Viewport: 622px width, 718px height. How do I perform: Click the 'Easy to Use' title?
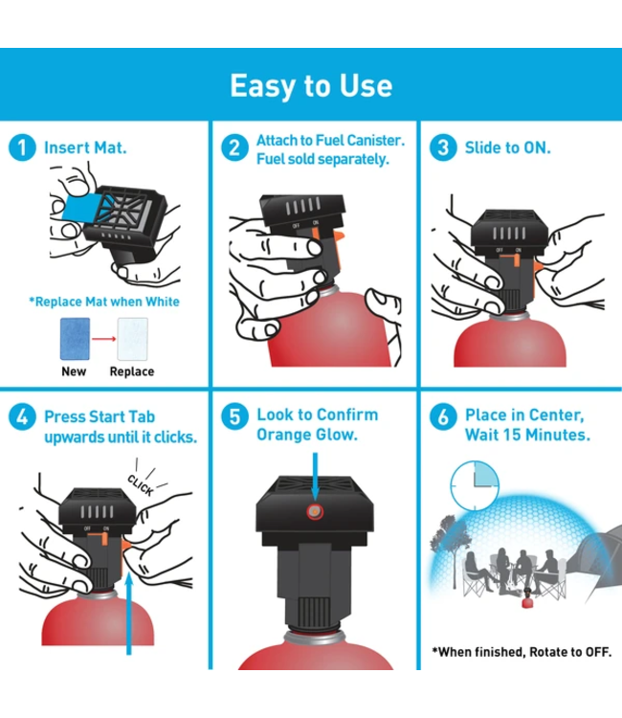(x=311, y=85)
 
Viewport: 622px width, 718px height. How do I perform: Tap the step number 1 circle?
(x=21, y=148)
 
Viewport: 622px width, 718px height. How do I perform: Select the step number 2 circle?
(x=234, y=148)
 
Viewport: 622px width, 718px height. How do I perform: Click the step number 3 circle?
(x=442, y=148)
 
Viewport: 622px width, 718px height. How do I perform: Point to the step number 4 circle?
(x=21, y=416)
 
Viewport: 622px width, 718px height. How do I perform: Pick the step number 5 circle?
(x=234, y=416)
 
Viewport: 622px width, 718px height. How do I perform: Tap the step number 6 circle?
(x=442, y=416)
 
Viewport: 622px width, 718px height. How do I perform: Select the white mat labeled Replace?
(x=132, y=339)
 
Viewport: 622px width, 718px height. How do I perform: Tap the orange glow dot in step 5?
(x=313, y=512)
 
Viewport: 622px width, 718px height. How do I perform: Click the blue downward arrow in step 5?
(x=313, y=472)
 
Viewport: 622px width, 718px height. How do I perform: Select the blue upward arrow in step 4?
(x=128, y=613)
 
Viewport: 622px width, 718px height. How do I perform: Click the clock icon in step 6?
(x=474, y=488)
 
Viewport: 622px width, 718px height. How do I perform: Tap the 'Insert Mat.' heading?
(x=85, y=148)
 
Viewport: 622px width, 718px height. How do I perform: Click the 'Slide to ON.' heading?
(x=507, y=148)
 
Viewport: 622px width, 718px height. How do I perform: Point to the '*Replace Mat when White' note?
(x=103, y=302)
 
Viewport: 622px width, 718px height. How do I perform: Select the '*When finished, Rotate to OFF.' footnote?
(x=521, y=652)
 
